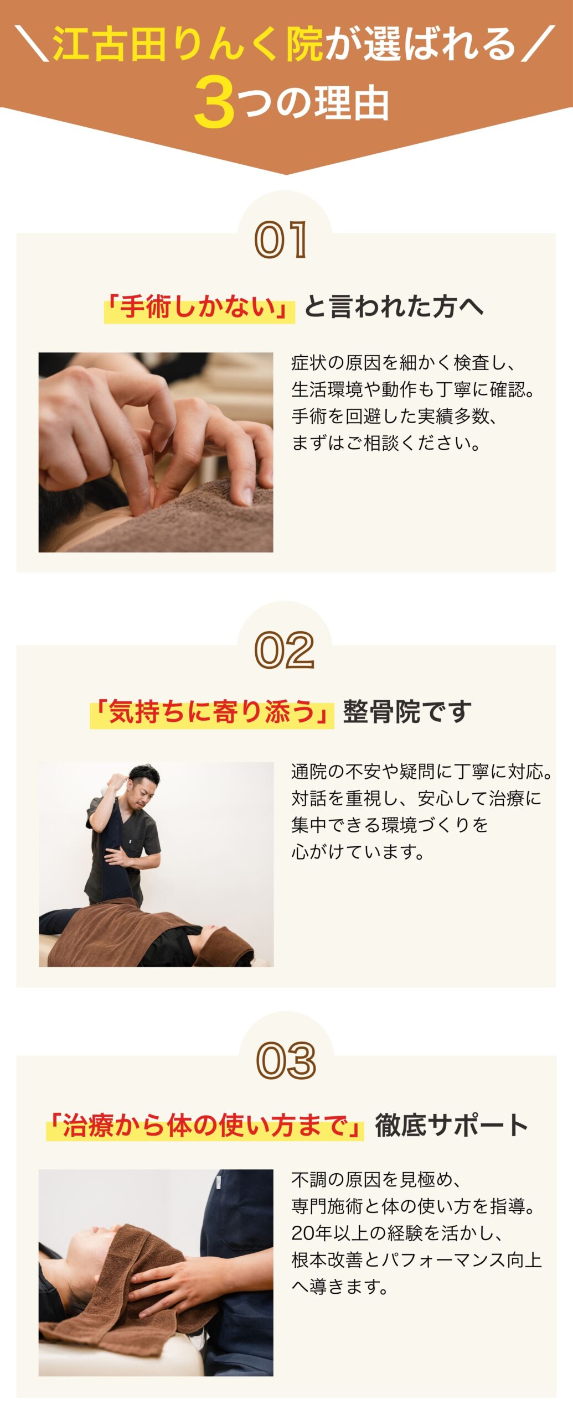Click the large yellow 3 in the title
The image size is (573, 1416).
pyautogui.click(x=214, y=102)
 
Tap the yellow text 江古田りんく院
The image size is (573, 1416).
pyautogui.click(x=188, y=44)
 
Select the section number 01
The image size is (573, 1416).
pyautogui.click(x=281, y=240)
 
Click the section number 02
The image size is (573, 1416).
pyautogui.click(x=285, y=650)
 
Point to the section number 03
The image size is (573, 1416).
pyautogui.click(x=286, y=1061)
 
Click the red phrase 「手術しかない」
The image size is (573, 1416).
pyautogui.click(x=199, y=308)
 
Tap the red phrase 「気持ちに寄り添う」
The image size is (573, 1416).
pyautogui.click(x=212, y=712)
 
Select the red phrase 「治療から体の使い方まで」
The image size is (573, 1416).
pyautogui.click(x=205, y=1126)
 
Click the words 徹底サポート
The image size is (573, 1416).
pyautogui.click(x=451, y=1126)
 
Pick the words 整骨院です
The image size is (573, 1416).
pyautogui.click(x=407, y=712)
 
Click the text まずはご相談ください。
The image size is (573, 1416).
pyautogui.click(x=386, y=443)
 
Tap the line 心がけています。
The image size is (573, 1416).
pyautogui.click(x=358, y=852)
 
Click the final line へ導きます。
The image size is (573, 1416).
pyautogui.click(x=340, y=1287)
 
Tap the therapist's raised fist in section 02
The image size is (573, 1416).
pyautogui.click(x=117, y=782)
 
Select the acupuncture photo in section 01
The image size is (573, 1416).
pyautogui.click(x=156, y=452)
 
